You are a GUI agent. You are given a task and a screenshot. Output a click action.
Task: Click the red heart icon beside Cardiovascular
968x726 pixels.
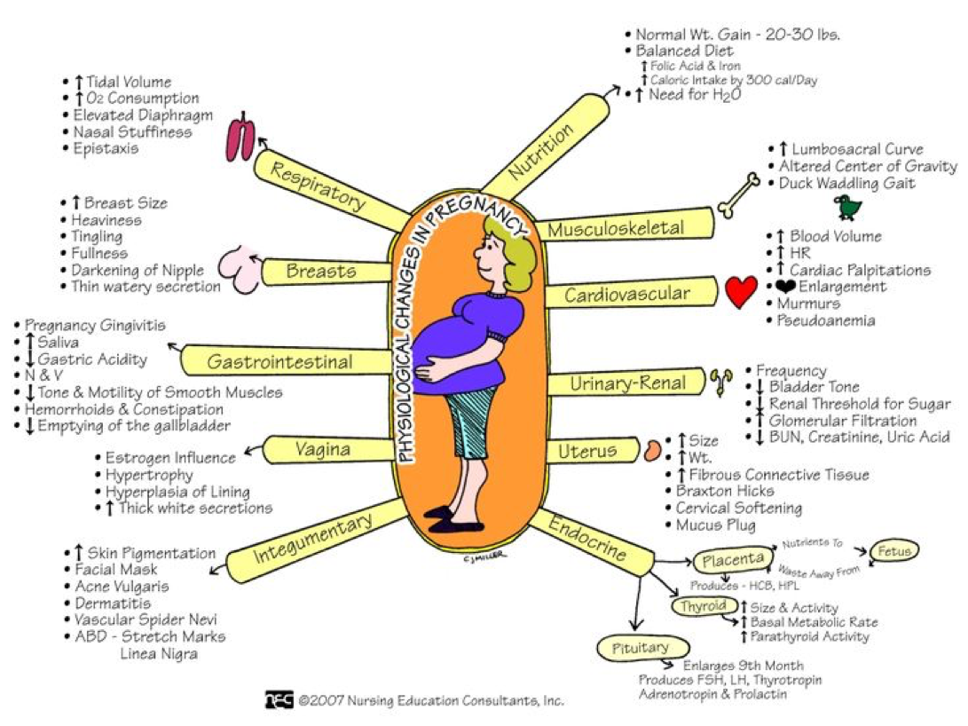741,291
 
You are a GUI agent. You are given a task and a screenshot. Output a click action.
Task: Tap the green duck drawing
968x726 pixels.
847,208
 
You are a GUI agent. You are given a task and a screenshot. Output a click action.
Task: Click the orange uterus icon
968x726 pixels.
653,450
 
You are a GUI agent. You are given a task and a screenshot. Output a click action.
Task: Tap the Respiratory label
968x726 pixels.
317,185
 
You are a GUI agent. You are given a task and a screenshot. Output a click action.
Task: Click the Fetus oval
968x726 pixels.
894,550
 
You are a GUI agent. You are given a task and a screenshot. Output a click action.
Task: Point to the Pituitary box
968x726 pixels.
640,648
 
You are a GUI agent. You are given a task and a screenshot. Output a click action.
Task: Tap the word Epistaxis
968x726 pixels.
106,148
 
